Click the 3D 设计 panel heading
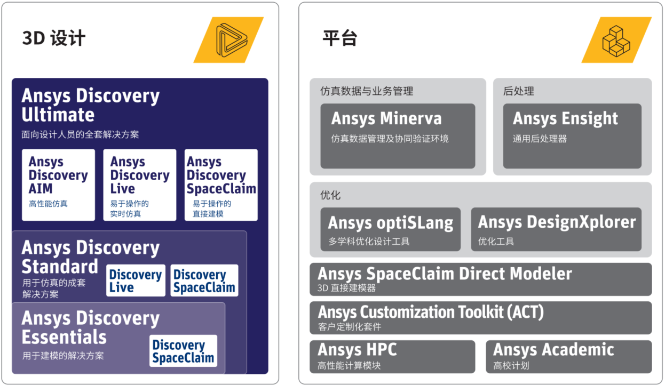click(54, 38)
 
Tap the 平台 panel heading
click(339, 38)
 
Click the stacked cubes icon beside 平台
click(616, 40)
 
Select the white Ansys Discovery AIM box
click(58, 185)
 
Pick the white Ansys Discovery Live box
click(140, 185)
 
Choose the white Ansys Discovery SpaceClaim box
click(221, 185)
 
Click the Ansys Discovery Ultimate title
click(90, 105)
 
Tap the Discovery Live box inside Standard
click(136, 280)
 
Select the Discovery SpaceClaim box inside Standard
click(204, 280)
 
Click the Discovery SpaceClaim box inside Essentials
click(183, 351)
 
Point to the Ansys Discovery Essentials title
click(90, 327)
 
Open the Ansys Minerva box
click(398, 135)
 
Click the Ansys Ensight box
click(572, 135)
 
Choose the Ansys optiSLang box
click(390, 229)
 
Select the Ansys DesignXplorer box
click(556, 229)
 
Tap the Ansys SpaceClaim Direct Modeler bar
click(480, 279)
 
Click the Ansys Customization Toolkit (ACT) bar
click(480, 318)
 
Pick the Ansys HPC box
click(392, 356)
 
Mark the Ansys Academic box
click(568, 356)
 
